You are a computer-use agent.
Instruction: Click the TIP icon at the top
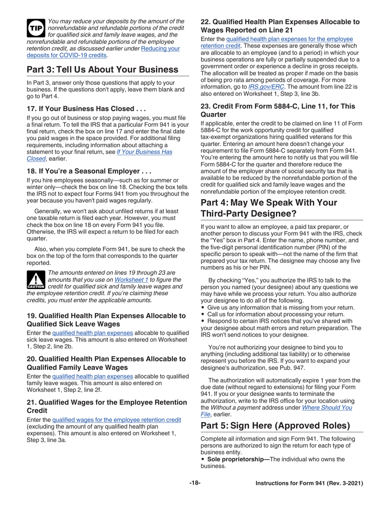(36, 28)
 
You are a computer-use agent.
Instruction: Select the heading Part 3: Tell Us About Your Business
(103, 69)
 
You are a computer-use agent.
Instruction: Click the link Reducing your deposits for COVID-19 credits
(103, 52)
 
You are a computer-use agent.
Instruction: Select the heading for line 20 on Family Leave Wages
(106, 363)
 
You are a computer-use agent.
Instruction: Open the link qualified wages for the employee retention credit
(117, 420)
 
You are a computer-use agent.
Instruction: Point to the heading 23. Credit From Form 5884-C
(278, 110)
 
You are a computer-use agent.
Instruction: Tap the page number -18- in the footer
(195, 483)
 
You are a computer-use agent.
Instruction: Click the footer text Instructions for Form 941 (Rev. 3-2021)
(309, 484)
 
